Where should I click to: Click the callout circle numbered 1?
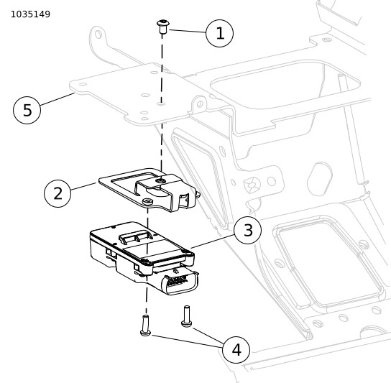point(219,33)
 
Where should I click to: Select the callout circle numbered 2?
point(57,193)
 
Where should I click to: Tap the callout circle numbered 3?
point(248,230)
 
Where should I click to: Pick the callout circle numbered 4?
point(236,350)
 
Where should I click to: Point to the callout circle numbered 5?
point(27,110)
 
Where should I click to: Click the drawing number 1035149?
point(30,14)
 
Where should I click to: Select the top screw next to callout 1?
point(163,27)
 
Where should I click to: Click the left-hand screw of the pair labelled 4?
point(145,326)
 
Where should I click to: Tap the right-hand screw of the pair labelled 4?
point(186,316)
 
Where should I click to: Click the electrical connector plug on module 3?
point(180,281)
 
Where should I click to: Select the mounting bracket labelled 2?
point(149,190)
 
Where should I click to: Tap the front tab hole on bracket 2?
point(147,201)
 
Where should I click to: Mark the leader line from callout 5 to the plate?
point(57,99)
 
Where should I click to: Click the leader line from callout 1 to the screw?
point(188,31)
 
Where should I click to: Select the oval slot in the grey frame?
point(320,179)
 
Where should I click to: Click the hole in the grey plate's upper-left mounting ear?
point(98,34)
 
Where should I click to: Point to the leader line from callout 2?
point(83,187)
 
